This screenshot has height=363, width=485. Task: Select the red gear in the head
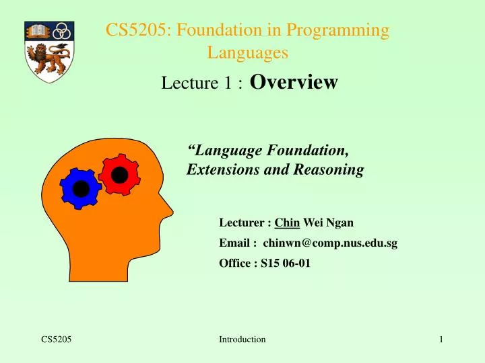(x=119, y=175)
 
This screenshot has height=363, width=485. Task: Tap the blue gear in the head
(x=80, y=189)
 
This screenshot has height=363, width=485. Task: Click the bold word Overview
(x=294, y=82)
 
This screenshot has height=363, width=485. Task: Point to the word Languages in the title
(x=248, y=51)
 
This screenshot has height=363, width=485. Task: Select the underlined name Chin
(x=287, y=223)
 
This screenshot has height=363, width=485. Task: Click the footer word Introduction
(x=243, y=339)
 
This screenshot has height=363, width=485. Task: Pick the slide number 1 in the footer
(x=441, y=339)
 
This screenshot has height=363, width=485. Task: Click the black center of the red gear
(x=119, y=175)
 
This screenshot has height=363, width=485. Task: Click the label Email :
(x=238, y=243)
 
